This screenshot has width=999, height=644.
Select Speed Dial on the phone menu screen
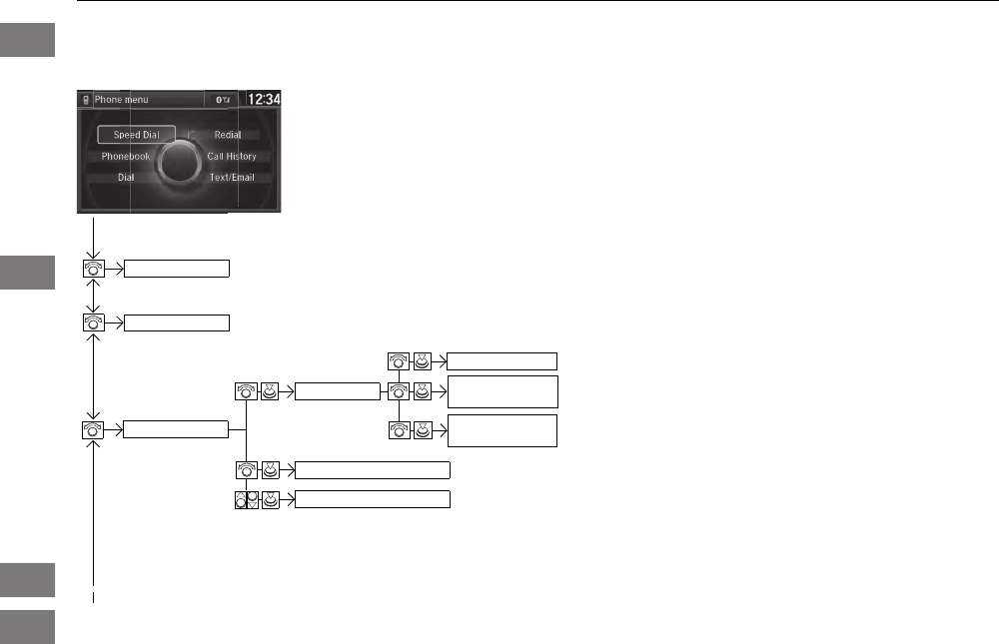pos(137,135)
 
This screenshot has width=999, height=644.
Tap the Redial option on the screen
pos(228,135)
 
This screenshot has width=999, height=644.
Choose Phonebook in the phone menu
pos(126,157)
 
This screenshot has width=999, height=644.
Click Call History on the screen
pos(232,157)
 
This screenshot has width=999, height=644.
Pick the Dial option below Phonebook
pos(126,178)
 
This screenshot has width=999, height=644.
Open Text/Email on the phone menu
pos(232,178)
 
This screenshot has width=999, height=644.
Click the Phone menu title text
pos(122,100)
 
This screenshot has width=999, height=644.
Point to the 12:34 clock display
pos(264,100)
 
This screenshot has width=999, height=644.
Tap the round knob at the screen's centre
pos(180,160)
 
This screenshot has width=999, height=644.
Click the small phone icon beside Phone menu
pos(86,100)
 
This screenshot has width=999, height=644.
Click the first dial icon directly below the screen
pos(93,269)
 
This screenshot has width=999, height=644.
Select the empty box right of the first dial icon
pos(177,269)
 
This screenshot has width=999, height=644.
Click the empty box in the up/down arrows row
pos(373,499)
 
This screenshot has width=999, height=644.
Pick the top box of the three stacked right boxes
pos(501,361)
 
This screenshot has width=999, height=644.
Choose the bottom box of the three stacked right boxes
pos(501,431)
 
